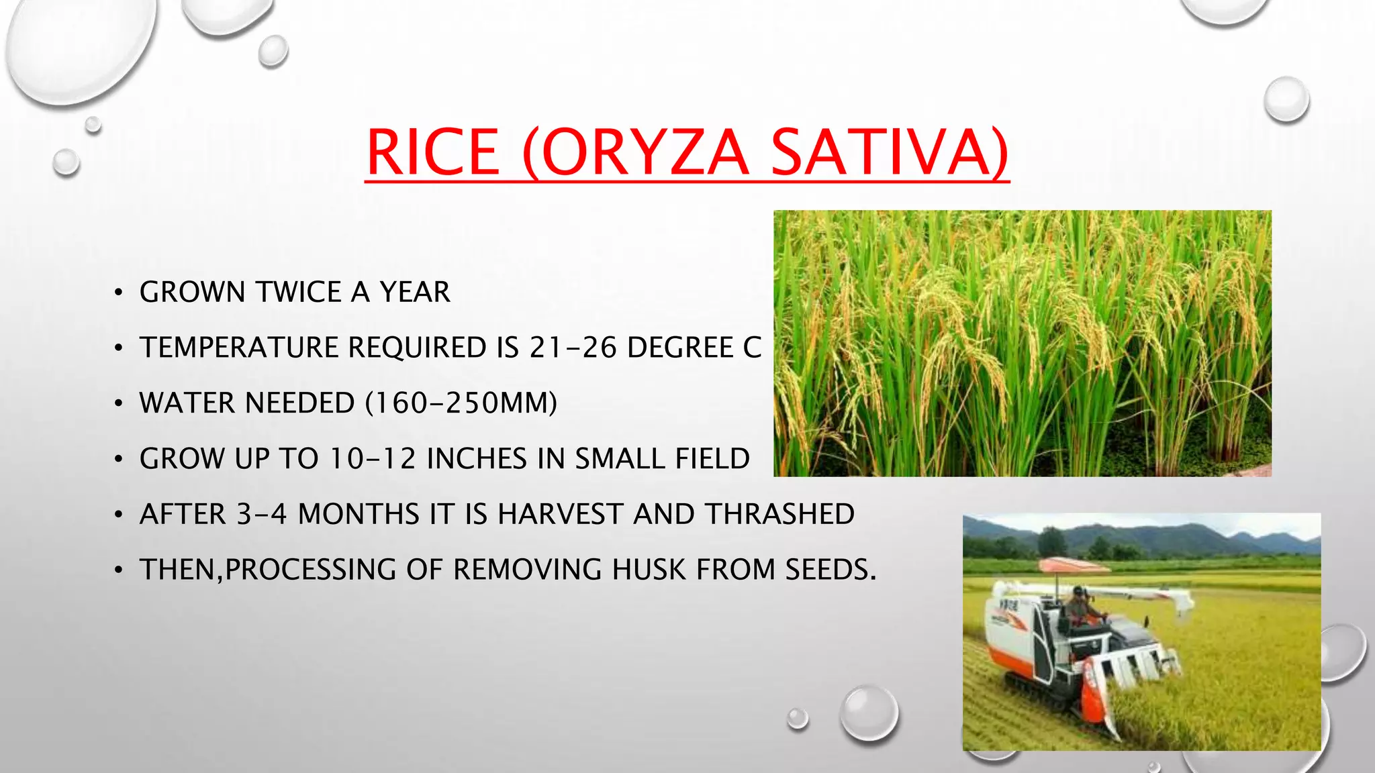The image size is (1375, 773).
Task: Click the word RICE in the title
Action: coord(434,153)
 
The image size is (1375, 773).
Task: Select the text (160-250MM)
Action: coord(461,403)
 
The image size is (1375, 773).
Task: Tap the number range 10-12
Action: coord(373,459)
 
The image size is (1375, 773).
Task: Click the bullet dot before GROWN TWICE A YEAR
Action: coord(118,293)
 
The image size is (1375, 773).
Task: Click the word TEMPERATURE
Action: coord(238,348)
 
